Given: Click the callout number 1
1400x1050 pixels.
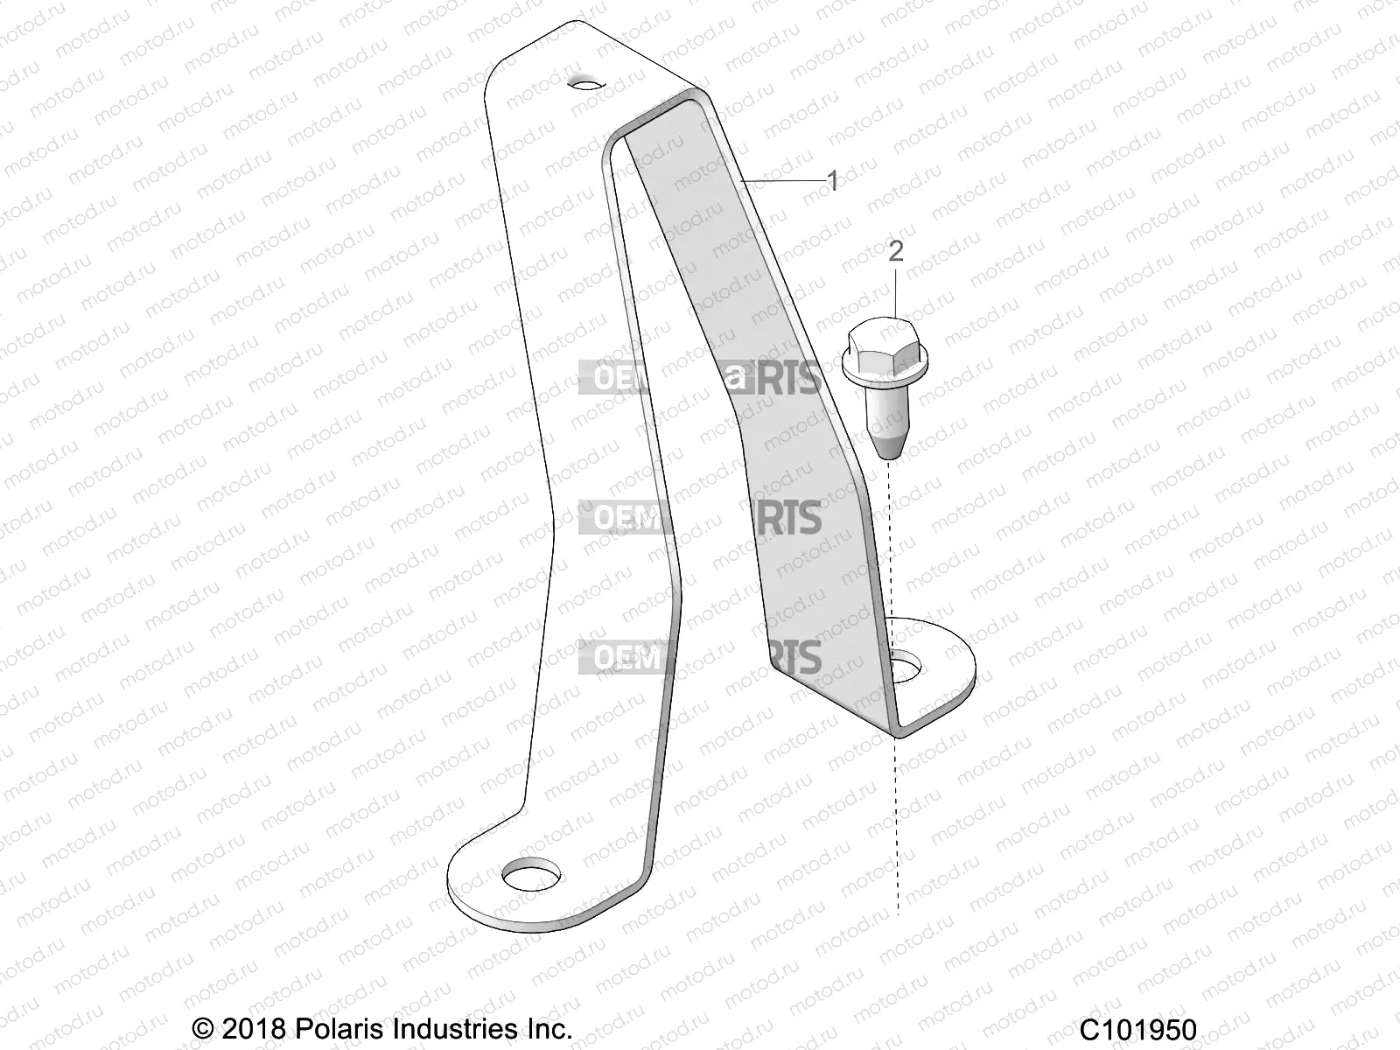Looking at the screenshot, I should click(833, 182).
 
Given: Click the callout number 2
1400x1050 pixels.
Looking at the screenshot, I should click(895, 252).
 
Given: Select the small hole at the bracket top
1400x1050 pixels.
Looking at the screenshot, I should click(585, 84).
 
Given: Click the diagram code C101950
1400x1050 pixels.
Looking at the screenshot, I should click(1137, 1029).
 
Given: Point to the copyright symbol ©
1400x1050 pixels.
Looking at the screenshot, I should click(203, 1029).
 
